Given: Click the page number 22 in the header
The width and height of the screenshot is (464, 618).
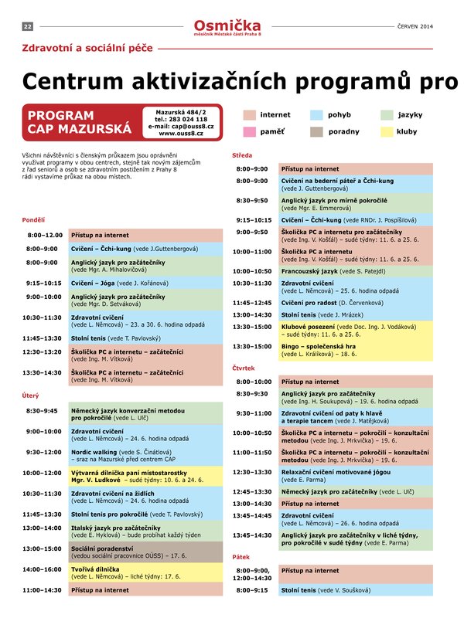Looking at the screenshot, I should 27,26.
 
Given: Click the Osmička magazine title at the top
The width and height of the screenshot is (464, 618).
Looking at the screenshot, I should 227,25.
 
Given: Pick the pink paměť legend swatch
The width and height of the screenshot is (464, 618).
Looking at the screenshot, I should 249,131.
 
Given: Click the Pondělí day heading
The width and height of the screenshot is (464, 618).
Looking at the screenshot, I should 33,219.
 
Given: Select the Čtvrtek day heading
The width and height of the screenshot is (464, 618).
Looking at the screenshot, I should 244,368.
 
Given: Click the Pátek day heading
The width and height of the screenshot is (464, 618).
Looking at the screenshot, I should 241,557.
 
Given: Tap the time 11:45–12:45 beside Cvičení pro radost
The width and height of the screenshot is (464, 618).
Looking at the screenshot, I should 252,304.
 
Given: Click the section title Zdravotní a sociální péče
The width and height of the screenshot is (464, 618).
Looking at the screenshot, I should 86,52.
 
